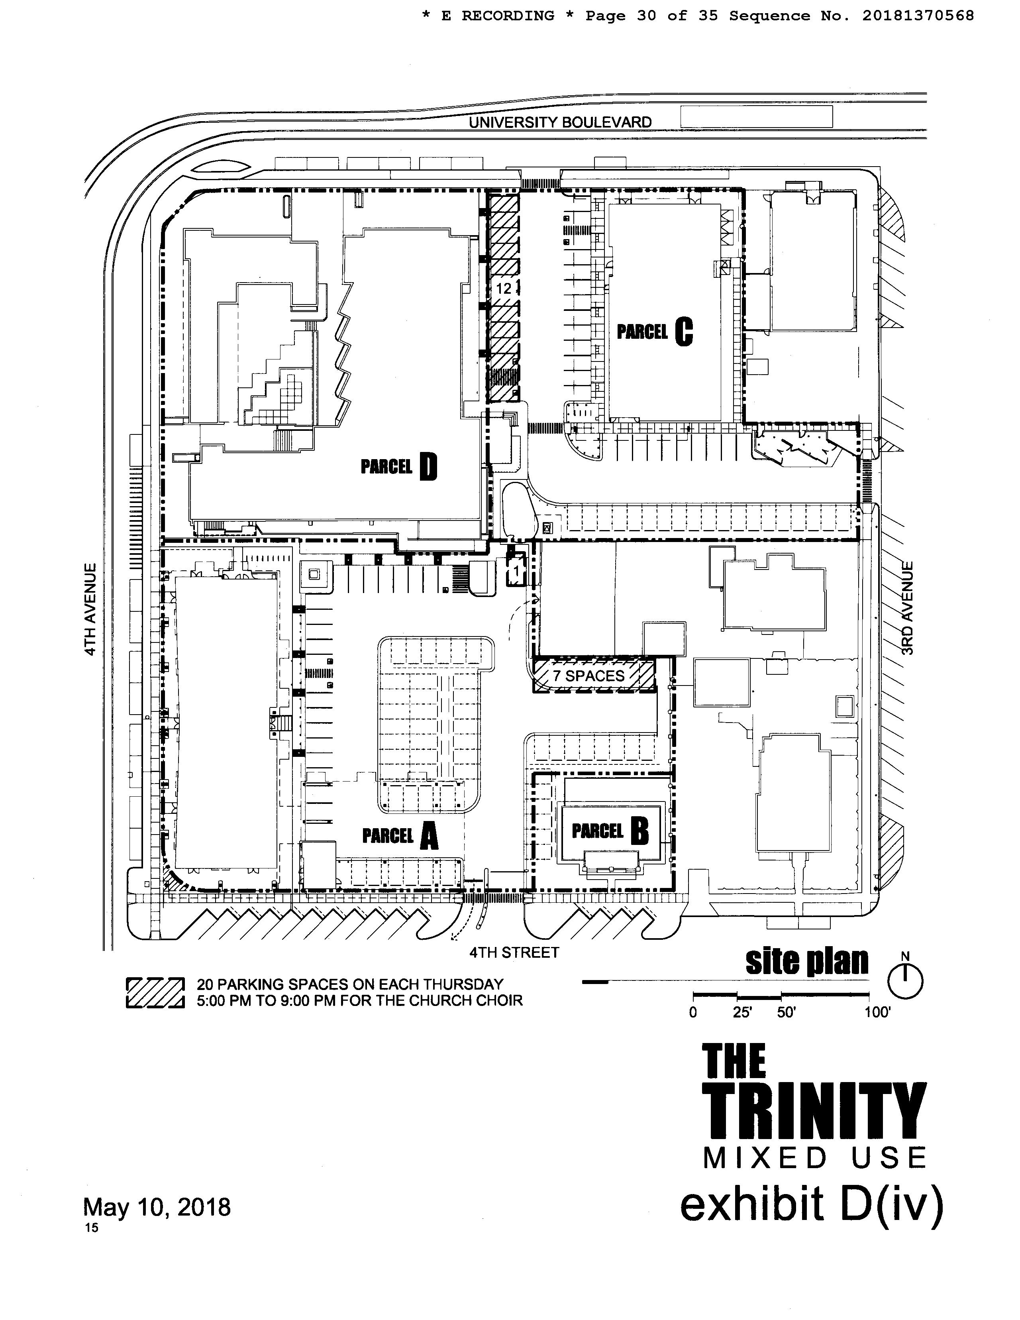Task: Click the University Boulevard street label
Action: click(560, 122)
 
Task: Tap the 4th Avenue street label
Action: click(90, 609)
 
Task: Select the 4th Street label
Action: click(514, 953)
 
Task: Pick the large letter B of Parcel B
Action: click(639, 832)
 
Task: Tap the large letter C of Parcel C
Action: click(683, 332)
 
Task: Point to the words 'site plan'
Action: click(807, 962)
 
